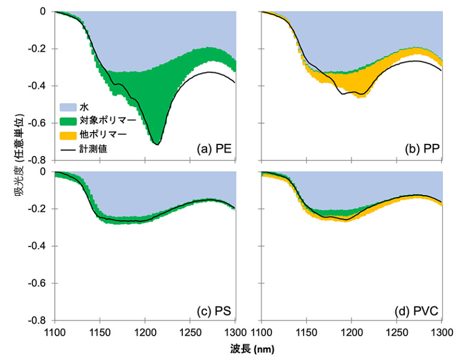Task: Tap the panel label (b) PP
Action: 421,150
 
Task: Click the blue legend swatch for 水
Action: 67,107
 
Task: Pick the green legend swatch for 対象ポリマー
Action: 67,121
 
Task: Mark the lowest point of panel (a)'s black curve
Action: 156,145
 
